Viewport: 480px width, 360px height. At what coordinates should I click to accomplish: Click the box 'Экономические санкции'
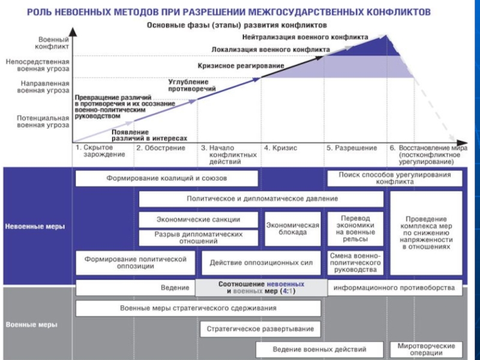click(x=198, y=219)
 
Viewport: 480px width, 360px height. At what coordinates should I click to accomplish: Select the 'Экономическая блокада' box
click(x=292, y=229)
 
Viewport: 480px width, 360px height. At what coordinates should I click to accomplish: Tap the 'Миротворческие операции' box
click(x=426, y=349)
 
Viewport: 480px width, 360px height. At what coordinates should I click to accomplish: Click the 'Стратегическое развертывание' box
click(x=260, y=329)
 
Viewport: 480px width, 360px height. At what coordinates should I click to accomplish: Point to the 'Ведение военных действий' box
click(x=319, y=349)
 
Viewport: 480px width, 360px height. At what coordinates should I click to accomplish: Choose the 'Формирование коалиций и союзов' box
click(x=167, y=178)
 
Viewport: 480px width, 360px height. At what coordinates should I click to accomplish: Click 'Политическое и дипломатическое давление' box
click(x=260, y=199)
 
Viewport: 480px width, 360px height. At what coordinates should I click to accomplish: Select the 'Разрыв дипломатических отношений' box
click(x=198, y=238)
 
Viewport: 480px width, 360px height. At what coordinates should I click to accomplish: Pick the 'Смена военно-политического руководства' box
click(x=356, y=262)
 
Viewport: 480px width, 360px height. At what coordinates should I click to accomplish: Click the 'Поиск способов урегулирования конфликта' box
click(x=395, y=178)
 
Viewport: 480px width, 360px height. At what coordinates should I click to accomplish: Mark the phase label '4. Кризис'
click(x=280, y=148)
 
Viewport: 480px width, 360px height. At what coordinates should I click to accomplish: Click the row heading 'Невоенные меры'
click(x=35, y=227)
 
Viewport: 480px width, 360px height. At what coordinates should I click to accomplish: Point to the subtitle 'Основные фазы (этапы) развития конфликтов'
click(x=238, y=26)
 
